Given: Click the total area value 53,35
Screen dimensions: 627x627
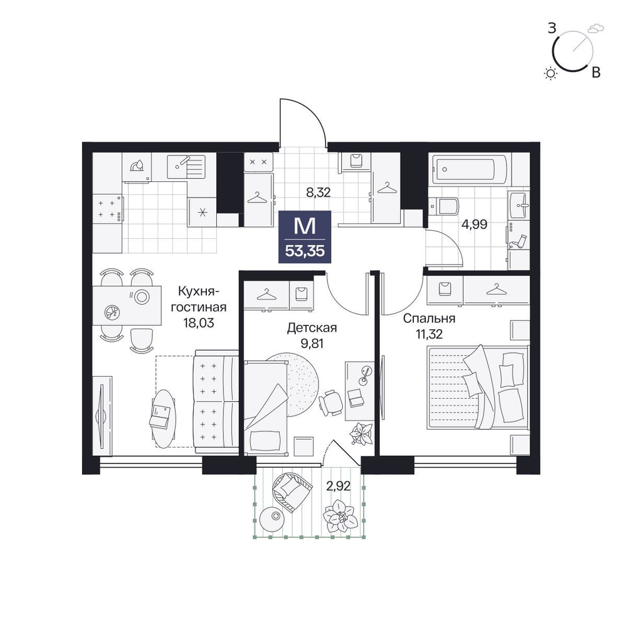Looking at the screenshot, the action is click(305, 251).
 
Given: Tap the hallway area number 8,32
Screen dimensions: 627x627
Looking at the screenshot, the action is click(319, 192).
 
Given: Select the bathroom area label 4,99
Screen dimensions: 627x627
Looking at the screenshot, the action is click(474, 224).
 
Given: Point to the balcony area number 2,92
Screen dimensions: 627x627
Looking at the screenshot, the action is click(339, 487).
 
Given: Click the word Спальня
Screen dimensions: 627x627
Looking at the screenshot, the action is click(429, 319).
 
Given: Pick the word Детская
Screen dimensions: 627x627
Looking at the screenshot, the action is click(312, 328).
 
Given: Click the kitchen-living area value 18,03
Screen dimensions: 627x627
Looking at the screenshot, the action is click(199, 323).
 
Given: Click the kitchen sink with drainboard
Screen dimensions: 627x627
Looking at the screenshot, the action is click(186, 167).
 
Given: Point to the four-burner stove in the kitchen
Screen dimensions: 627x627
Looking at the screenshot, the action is click(107, 209).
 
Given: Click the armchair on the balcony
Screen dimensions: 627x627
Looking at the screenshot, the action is click(291, 490).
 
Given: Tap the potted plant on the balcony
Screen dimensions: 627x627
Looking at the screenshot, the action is click(340, 516).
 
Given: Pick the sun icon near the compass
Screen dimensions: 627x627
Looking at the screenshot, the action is click(551, 73).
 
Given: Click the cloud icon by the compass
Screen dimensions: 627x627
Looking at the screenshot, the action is click(596, 28).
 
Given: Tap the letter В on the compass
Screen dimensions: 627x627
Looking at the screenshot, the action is click(596, 72).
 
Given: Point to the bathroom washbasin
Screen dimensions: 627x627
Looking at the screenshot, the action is click(520, 205).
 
